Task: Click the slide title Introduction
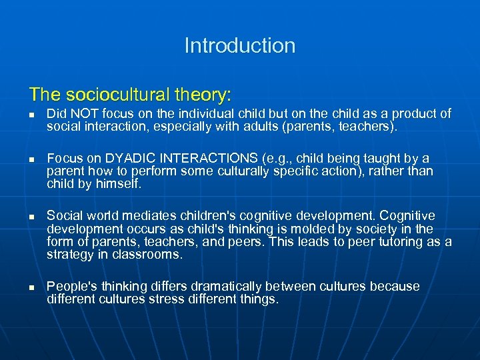(x=240, y=46)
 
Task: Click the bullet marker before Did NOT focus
(x=32, y=115)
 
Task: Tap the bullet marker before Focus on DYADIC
(x=32, y=159)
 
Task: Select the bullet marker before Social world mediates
(x=32, y=217)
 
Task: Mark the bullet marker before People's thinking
(x=32, y=287)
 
